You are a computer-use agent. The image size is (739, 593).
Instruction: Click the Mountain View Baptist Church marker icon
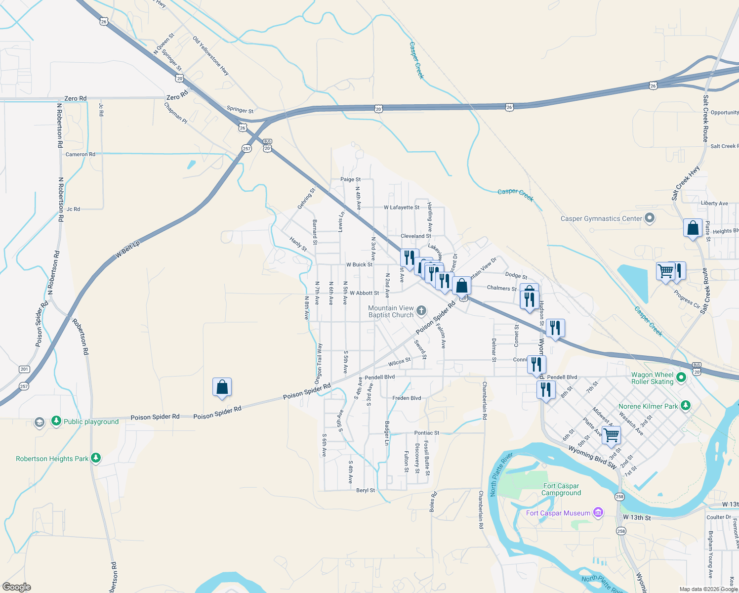click(x=421, y=310)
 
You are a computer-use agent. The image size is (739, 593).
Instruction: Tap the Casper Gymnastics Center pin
click(x=650, y=218)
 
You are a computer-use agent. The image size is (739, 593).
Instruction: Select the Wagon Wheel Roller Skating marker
click(x=681, y=378)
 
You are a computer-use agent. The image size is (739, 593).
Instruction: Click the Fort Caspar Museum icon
click(x=598, y=512)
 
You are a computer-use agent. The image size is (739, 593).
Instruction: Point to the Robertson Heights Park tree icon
click(x=96, y=458)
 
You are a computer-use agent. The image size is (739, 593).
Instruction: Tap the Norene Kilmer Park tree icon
click(x=685, y=406)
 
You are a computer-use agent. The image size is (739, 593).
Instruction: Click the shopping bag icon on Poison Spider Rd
click(x=222, y=387)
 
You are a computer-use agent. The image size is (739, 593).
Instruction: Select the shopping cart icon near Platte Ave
click(x=611, y=435)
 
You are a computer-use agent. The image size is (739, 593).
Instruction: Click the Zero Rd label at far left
click(x=75, y=98)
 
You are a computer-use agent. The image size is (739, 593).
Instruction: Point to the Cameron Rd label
click(x=81, y=154)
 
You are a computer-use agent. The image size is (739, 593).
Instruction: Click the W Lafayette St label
click(x=402, y=208)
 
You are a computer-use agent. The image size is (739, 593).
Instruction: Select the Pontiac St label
click(x=427, y=433)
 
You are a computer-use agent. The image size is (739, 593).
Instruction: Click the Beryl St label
click(x=366, y=491)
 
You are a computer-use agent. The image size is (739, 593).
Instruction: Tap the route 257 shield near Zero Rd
click(x=246, y=148)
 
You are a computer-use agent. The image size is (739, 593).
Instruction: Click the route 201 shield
click(x=24, y=369)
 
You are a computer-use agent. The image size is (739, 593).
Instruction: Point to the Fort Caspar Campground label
click(x=561, y=489)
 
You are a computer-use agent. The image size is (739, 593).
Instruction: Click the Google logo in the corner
click(x=17, y=587)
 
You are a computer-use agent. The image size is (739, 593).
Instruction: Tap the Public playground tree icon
click(x=56, y=421)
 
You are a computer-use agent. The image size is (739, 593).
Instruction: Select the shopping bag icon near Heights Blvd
click(x=693, y=228)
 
